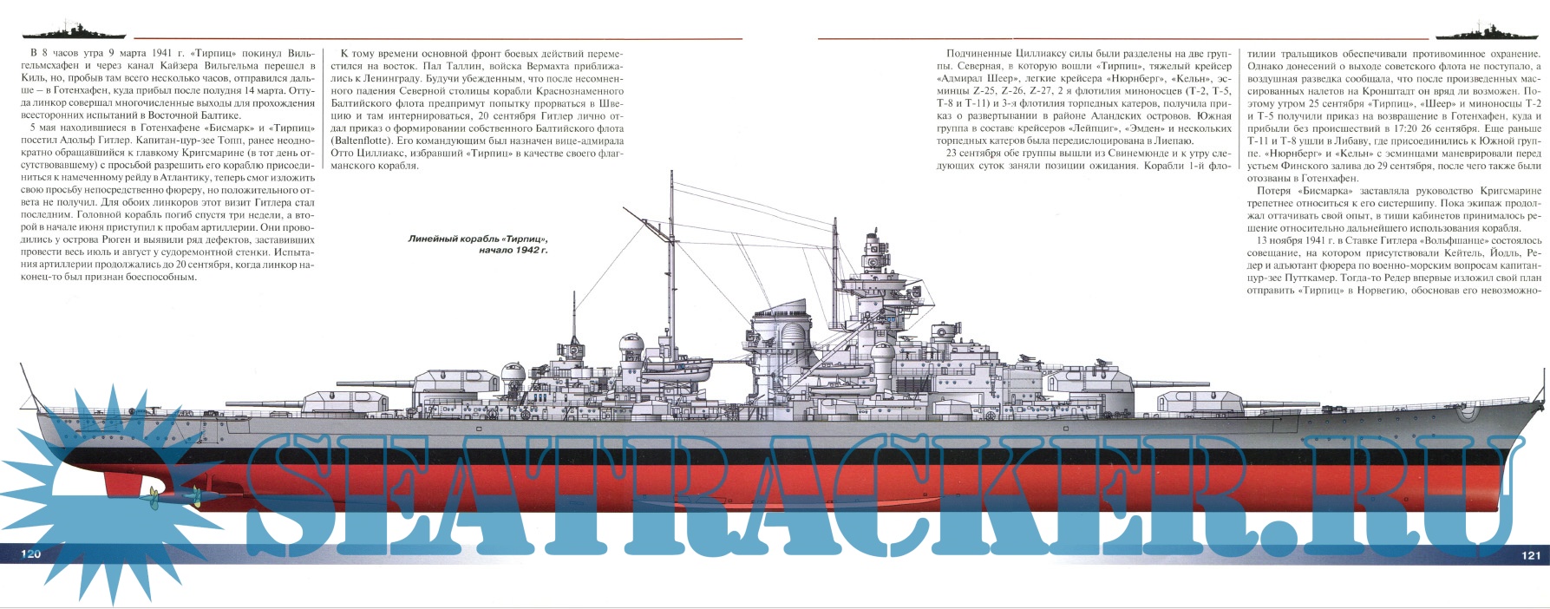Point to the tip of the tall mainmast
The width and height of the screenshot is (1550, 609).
coord(671,174)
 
